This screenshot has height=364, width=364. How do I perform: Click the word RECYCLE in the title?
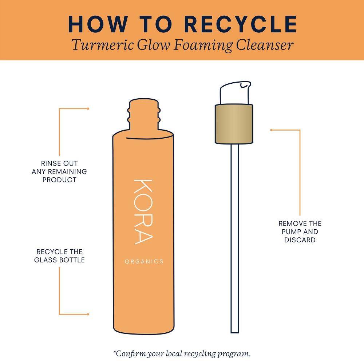241,24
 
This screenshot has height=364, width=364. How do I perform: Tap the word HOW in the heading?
98,24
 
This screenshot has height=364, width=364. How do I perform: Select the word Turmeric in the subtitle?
102,45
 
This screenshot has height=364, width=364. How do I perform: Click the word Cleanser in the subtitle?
265,45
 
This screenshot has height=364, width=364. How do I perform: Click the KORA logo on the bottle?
143,212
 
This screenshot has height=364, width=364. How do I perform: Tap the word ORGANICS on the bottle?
144,261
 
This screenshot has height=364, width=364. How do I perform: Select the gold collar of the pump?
234,124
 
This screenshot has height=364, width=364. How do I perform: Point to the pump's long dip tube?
235,238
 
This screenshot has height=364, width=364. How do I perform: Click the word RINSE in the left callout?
50,163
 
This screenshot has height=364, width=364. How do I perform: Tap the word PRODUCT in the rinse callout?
59,180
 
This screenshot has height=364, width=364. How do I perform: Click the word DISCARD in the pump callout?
300,240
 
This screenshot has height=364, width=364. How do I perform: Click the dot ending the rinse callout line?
88,108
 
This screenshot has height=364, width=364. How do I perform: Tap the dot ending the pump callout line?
271,130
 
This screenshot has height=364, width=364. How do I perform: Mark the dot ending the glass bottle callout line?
88,314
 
